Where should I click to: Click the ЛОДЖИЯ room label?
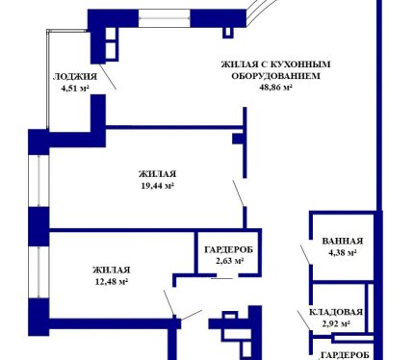pos(75,77)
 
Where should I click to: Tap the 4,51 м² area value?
pos(75,88)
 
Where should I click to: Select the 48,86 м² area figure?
pos(275,87)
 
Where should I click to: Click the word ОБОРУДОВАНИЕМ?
pos(275,76)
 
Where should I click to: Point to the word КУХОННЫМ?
pos(300,64)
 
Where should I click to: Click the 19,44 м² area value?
pos(158,186)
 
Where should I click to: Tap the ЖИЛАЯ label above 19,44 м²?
pos(158,174)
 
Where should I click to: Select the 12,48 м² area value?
pos(112,281)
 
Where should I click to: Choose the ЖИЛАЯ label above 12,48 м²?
pos(112,270)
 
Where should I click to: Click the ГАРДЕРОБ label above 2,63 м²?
pos(228,249)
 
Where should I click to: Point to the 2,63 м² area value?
pos(230,261)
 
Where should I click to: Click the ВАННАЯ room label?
pos(343,241)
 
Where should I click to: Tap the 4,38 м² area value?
pos(343,252)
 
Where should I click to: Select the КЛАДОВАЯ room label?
pos(336,312)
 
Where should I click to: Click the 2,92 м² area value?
pos(336,323)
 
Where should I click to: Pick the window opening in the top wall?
pos(165,18)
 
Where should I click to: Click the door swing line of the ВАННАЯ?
pos(305,255)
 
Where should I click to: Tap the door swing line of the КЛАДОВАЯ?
pos(303,321)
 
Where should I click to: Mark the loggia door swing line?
pos(108,77)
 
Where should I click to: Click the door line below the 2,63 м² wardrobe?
pos(221,278)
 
